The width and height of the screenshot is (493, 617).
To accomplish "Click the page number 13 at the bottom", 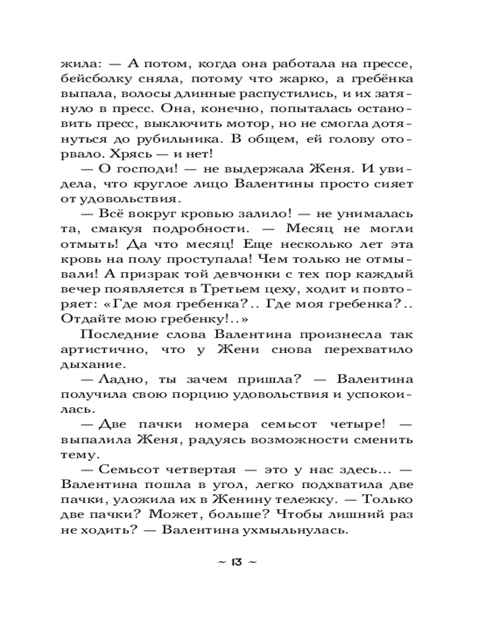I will tap(237, 561).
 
